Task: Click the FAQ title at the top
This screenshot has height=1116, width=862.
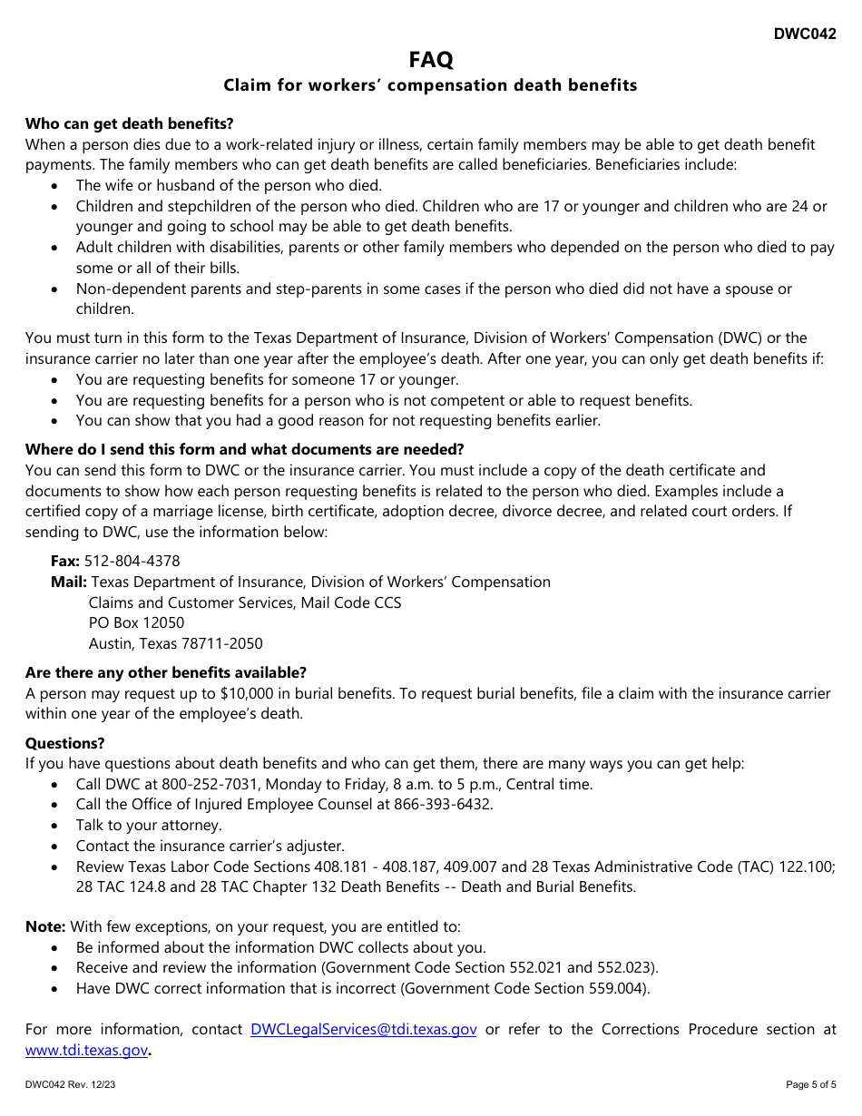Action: click(x=431, y=60)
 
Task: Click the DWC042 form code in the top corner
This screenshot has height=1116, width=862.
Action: click(x=805, y=34)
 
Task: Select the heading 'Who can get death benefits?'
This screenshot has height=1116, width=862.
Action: click(x=129, y=123)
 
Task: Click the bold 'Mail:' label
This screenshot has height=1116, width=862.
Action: click(x=69, y=582)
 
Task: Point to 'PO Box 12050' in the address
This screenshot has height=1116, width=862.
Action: click(x=136, y=622)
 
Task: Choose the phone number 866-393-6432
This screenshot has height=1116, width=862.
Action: click(x=442, y=804)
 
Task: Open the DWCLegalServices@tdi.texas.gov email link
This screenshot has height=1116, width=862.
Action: click(x=363, y=1029)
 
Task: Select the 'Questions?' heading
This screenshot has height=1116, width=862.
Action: click(x=65, y=743)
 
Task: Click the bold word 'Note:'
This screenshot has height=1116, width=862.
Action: click(x=45, y=926)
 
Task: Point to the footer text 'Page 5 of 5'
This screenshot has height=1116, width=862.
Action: click(x=811, y=1085)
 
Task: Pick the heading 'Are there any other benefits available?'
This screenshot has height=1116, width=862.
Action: click(x=166, y=672)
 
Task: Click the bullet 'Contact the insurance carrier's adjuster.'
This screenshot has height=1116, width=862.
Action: click(x=211, y=846)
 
